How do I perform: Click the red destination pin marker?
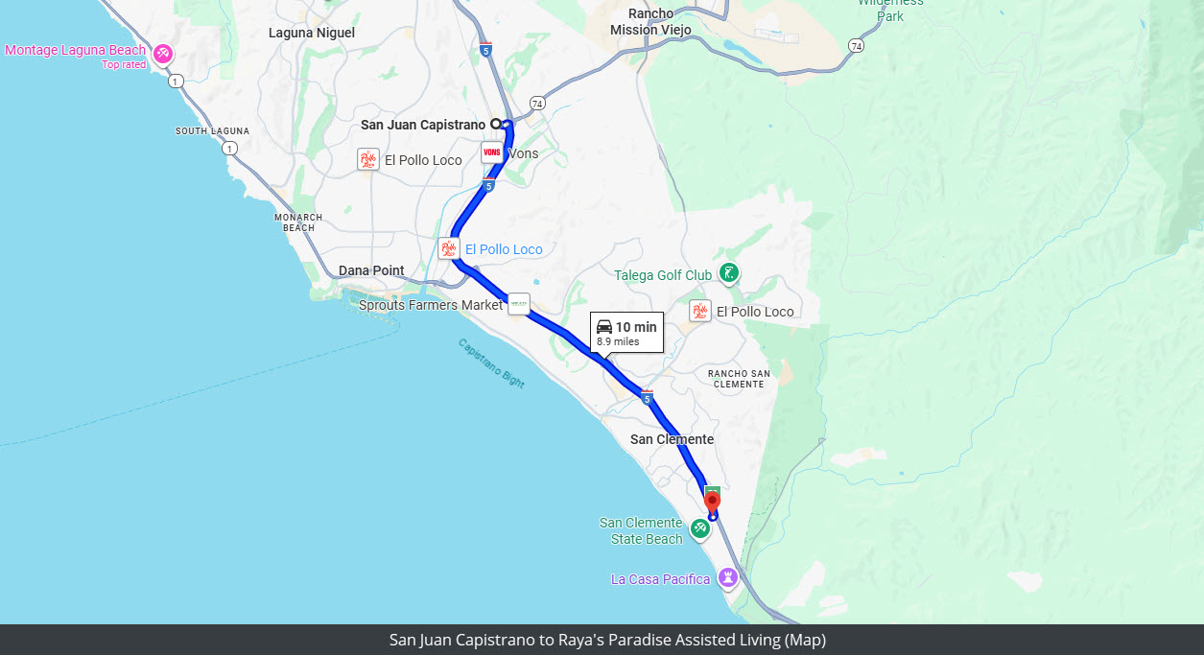click(712, 500)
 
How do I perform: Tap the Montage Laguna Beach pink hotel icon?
click(163, 52)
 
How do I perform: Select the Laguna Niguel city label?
click(312, 33)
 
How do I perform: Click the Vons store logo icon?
click(492, 153)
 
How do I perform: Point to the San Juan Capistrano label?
click(422, 125)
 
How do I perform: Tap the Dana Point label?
click(371, 270)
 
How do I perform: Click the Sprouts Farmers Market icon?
click(518, 304)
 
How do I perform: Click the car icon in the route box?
click(604, 327)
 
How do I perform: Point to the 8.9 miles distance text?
click(618, 341)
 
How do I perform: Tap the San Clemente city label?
click(672, 439)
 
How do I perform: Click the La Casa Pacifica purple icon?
click(729, 578)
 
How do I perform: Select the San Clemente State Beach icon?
click(700, 526)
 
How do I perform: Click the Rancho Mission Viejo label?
click(650, 21)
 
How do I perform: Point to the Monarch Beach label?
click(298, 222)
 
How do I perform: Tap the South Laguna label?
click(212, 130)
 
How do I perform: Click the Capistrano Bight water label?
click(491, 363)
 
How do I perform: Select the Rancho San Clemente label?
click(738, 379)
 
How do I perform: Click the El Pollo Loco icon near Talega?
click(700, 311)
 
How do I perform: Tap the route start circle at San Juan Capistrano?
click(496, 124)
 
